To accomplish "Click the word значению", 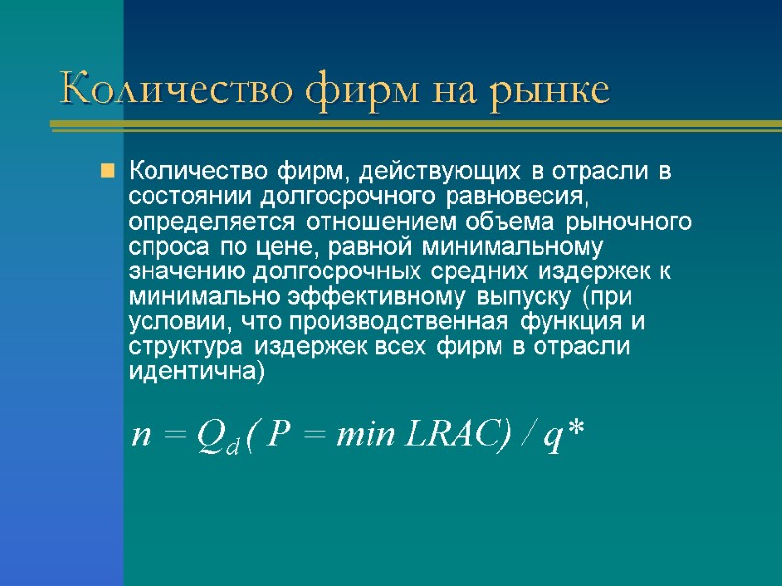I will point(188,273).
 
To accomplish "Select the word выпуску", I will point(522,298).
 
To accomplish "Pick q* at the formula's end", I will point(563,437).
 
